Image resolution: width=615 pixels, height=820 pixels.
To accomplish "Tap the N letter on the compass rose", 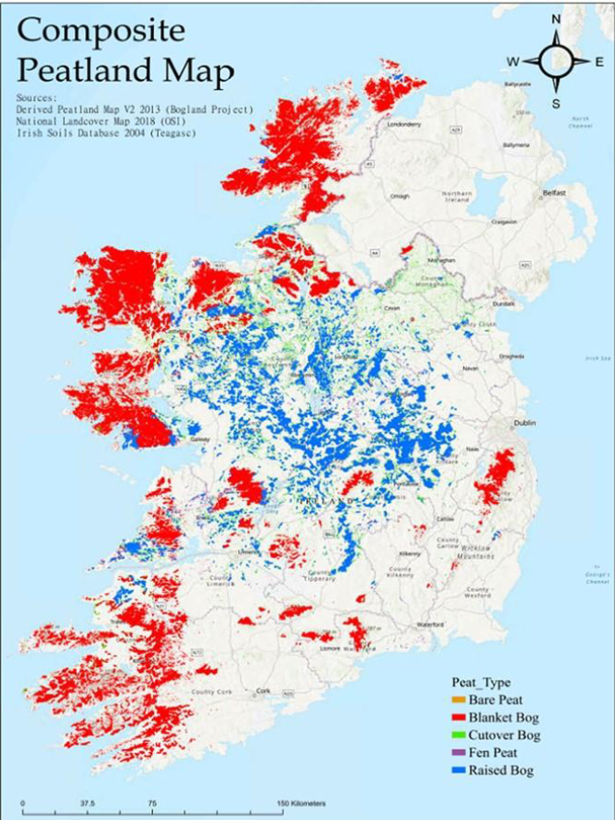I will tap(555, 19).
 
